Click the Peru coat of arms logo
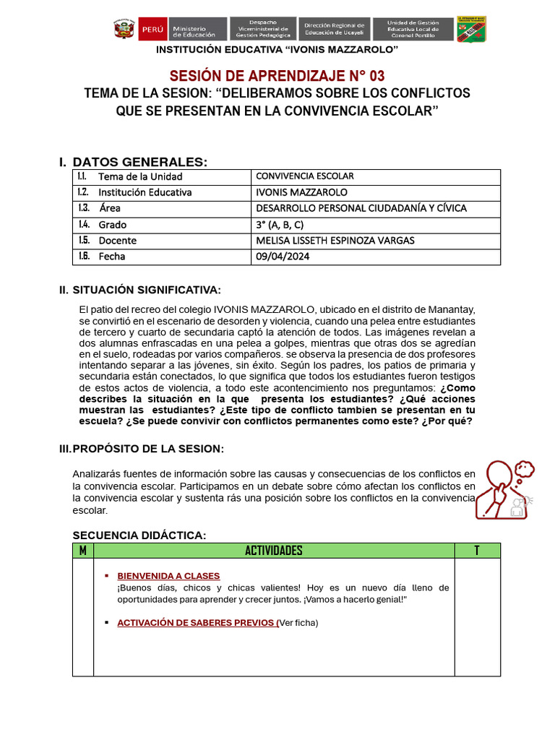(124, 29)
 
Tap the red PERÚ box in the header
(152, 30)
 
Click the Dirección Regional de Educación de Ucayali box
(336, 29)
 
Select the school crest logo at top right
(472, 29)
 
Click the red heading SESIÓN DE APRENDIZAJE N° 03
(277, 76)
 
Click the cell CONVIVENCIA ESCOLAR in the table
(305, 176)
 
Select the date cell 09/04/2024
(283, 257)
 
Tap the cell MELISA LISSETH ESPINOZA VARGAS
(335, 241)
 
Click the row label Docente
(118, 241)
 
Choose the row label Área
(110, 209)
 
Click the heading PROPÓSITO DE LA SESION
(149, 449)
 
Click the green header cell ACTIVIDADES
(274, 551)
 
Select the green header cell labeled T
(477, 551)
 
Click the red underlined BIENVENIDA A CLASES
(168, 576)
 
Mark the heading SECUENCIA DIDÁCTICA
(139, 535)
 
